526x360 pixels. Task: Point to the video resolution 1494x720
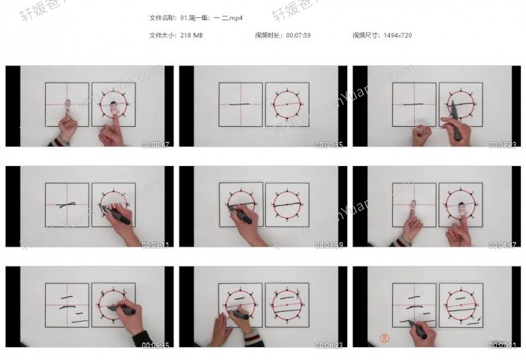click(x=397, y=35)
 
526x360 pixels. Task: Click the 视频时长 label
click(x=266, y=35)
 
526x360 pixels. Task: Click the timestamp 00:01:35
click(x=328, y=144)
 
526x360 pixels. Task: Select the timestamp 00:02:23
click(x=501, y=144)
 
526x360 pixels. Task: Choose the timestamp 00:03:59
click(x=328, y=244)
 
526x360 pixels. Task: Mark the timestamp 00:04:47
click(x=501, y=244)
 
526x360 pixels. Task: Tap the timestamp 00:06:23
click(x=328, y=344)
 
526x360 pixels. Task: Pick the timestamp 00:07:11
click(x=501, y=344)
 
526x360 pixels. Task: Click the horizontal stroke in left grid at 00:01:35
click(x=239, y=104)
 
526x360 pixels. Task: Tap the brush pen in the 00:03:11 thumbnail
click(x=119, y=218)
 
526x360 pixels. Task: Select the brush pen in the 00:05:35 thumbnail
click(x=120, y=308)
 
